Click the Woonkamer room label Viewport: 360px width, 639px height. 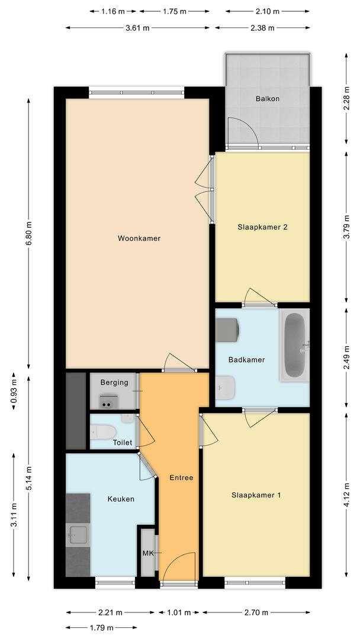point(139,238)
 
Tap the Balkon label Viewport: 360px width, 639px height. point(268,99)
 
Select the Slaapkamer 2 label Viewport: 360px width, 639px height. point(262,227)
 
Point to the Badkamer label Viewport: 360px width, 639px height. point(247,360)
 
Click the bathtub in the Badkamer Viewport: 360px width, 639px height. point(294,345)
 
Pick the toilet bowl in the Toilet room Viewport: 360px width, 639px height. point(103,432)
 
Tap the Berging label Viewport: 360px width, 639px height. point(114,383)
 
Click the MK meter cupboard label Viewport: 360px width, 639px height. point(147,553)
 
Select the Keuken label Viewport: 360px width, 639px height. point(121,499)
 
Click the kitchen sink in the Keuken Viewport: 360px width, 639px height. point(78,534)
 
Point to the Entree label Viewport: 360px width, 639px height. point(181,477)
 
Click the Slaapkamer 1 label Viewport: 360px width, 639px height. point(256,495)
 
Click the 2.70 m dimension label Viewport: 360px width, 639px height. point(256,612)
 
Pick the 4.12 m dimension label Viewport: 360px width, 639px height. point(346,495)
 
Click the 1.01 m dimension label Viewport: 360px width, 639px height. point(179,612)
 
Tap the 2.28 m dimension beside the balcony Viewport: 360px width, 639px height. point(346,98)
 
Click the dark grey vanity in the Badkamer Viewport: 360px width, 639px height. point(227,330)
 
